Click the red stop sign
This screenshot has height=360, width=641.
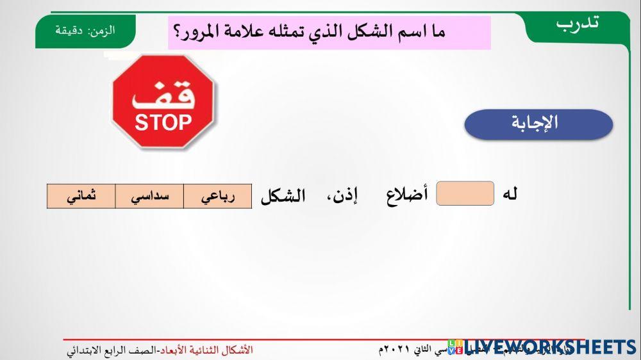163,102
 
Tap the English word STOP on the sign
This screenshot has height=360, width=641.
163,122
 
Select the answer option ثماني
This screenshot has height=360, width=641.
81,197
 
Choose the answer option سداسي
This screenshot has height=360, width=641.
149,197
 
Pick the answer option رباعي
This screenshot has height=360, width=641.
218,197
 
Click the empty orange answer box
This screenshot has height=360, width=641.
465,193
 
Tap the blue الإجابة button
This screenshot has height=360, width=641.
538,124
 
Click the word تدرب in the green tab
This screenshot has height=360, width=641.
578,23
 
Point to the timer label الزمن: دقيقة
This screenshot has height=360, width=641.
85,30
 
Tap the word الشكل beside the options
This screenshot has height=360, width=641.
283,196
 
